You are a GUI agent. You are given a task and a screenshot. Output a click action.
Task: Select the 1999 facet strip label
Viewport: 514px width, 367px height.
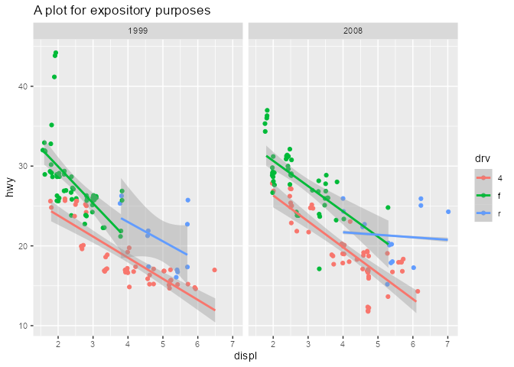click(138, 31)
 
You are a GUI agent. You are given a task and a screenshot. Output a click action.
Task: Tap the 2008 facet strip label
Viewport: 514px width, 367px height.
click(353, 31)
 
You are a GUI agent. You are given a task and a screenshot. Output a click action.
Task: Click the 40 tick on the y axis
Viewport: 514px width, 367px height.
click(23, 86)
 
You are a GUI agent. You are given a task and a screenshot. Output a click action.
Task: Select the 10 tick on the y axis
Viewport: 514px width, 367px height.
click(23, 326)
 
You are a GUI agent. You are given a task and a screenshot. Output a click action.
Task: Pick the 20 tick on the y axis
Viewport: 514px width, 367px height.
click(23, 246)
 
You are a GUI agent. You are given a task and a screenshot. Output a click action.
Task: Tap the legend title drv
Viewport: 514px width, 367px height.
click(482, 158)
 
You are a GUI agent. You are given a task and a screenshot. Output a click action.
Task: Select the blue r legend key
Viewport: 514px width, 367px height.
click(483, 214)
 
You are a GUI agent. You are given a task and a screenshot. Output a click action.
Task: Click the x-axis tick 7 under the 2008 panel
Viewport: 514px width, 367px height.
click(447, 342)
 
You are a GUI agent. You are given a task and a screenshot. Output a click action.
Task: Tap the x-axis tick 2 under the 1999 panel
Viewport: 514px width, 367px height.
click(58, 342)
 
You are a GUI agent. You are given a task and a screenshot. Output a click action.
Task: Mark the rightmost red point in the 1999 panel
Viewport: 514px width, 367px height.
click(215, 270)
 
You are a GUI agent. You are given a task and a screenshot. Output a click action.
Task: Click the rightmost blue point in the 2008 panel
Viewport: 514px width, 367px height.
click(448, 212)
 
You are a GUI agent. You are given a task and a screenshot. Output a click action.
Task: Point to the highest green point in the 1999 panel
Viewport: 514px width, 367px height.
click(56, 53)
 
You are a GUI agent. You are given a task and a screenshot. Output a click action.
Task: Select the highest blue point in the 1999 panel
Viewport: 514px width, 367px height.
click(187, 200)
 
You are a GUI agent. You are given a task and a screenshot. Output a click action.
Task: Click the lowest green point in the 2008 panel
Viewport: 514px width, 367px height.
click(319, 268)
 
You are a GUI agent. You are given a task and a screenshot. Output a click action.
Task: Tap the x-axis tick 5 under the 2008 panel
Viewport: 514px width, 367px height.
click(378, 342)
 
